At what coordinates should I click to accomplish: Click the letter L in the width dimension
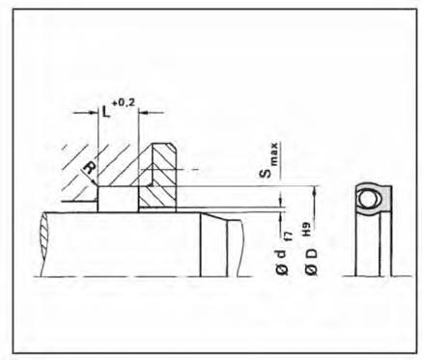[105, 112]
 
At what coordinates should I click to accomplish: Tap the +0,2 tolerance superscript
[124, 103]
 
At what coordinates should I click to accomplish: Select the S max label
[269, 160]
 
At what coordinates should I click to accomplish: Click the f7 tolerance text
[290, 237]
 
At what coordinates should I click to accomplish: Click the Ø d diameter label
[281, 263]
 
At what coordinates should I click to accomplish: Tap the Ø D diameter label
[311, 262]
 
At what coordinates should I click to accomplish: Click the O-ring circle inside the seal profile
[368, 199]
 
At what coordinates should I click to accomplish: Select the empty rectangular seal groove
[118, 199]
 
